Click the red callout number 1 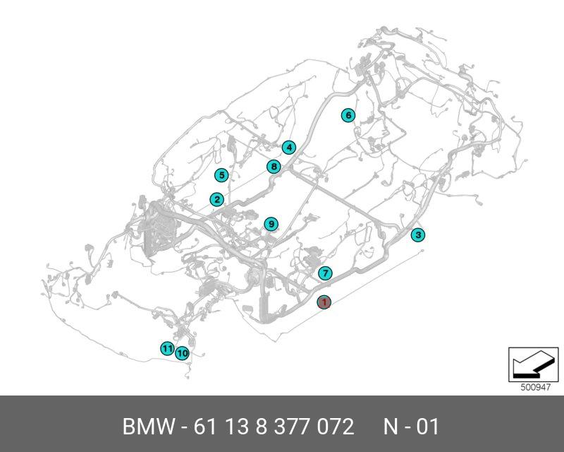pos(324,302)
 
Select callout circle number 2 pos(216,200)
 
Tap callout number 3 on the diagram pos(418,235)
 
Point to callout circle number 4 pos(288,148)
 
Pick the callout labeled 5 pos(221,175)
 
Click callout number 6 pos(348,115)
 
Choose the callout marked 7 pos(325,273)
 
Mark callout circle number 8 pos(274,167)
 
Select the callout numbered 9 pos(271,225)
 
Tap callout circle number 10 pos(182,353)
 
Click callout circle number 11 pos(166,349)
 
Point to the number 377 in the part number pos(290,427)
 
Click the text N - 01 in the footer pos(411,427)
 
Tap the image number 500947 pos(534,387)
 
